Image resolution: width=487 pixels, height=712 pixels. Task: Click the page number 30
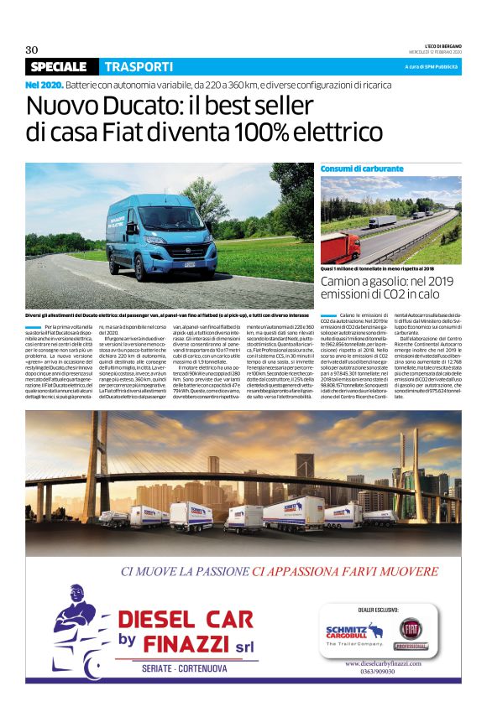click(x=32, y=49)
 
